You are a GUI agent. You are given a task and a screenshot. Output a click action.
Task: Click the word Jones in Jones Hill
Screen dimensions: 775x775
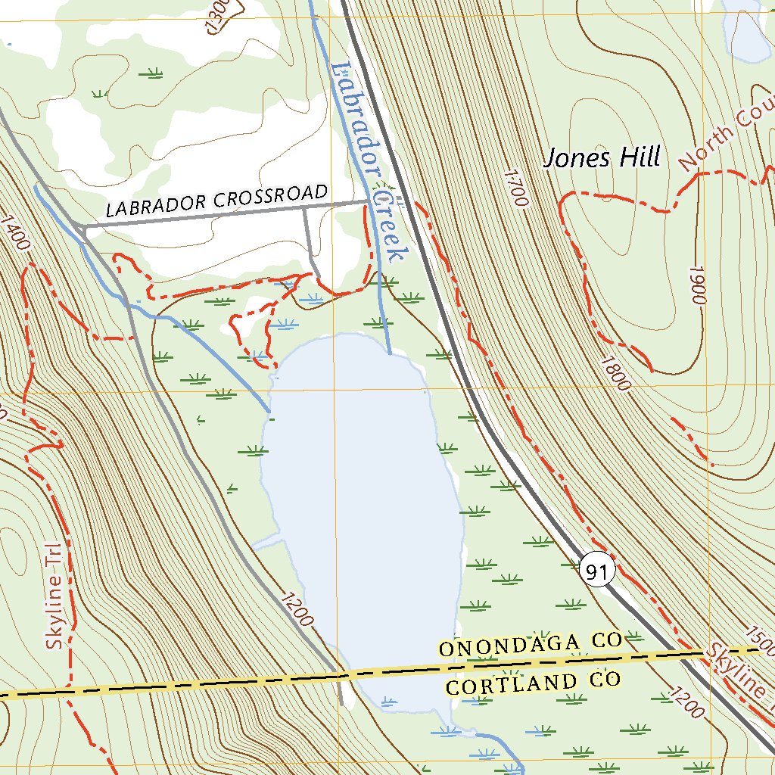[577, 158]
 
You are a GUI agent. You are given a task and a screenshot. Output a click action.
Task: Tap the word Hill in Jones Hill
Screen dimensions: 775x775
[640, 157]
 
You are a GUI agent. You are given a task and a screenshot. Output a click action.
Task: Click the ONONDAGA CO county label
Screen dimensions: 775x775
[530, 646]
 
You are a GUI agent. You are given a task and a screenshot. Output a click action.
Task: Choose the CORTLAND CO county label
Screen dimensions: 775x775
[533, 683]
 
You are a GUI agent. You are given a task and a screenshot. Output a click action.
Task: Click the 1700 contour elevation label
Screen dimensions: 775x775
[514, 188]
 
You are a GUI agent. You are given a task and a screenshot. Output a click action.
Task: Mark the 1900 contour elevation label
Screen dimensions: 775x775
[697, 285]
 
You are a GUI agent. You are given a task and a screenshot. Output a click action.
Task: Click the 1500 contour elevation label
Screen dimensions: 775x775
[761, 640]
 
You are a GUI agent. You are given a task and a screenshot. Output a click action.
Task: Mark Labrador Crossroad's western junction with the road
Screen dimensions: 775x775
[82, 226]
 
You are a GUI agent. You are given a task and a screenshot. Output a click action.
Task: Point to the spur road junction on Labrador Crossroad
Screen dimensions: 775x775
[305, 208]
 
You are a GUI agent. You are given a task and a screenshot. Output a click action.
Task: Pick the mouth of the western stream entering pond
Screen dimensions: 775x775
[270, 412]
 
